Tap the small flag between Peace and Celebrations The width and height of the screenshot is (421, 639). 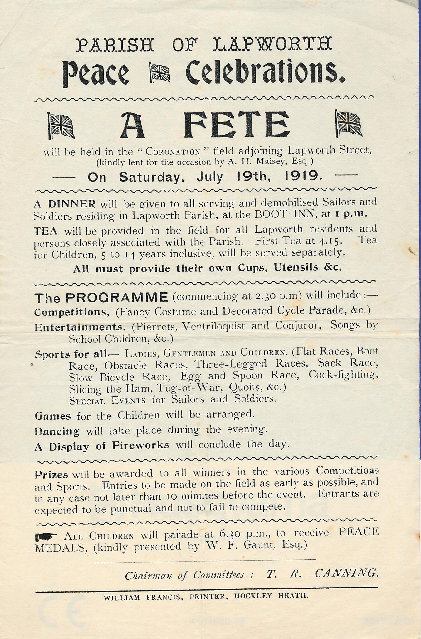pos(160,72)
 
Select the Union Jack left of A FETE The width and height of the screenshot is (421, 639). pos(61,125)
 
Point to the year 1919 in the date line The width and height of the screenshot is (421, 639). pos(304,177)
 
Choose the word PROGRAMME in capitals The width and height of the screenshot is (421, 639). pos(117,297)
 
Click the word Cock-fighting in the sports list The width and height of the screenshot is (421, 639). pos(343,374)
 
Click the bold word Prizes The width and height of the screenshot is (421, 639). pos(51,475)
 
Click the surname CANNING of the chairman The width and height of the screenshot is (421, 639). pos(346,573)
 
